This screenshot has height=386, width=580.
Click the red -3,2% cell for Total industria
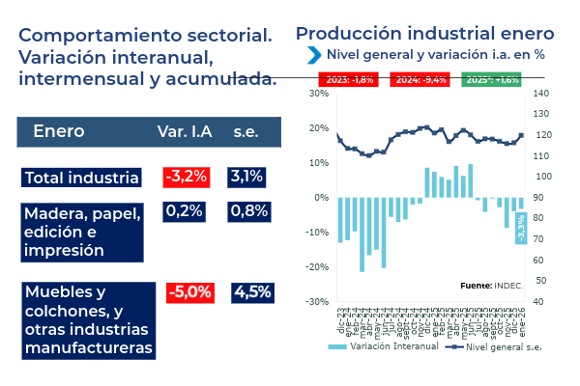coord(187,177)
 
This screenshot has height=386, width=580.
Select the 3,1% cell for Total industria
coord(246,177)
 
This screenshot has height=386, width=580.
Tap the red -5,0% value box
coord(188,291)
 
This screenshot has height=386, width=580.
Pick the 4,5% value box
coord(252,291)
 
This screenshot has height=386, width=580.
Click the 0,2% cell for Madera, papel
coord(184,210)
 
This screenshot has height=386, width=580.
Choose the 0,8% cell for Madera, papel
coord(248,210)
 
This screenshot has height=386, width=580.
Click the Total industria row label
coord(82,178)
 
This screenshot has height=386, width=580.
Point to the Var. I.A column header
coord(186,131)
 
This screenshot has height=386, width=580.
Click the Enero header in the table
coord(59,131)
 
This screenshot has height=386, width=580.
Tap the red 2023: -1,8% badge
coord(350,79)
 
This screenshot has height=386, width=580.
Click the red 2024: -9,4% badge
coord(420,79)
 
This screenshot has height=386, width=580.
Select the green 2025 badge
coord(491,79)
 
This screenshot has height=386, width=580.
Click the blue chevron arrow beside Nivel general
coord(314,54)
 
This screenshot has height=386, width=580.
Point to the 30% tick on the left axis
coord(318,94)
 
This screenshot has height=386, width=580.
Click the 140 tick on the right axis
coord(541,94)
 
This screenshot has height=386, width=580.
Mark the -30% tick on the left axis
coord(317,302)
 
